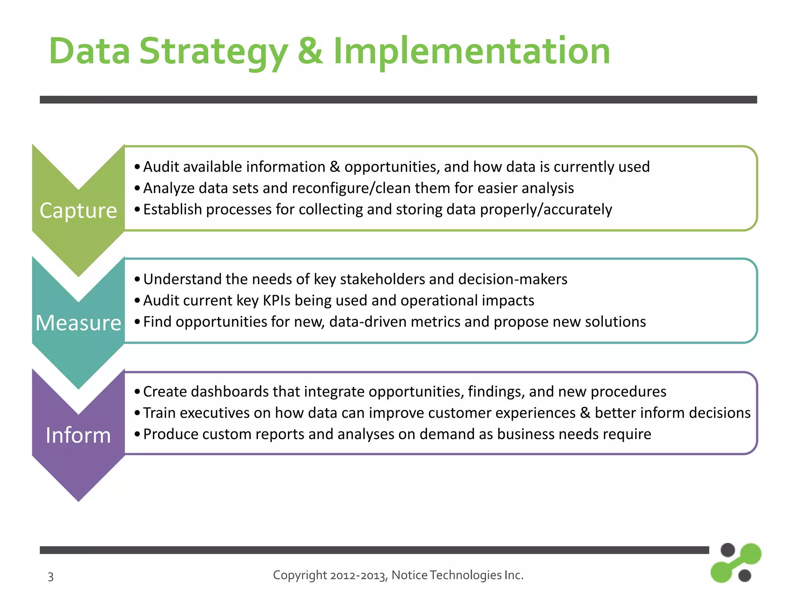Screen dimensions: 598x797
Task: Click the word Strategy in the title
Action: [213, 51]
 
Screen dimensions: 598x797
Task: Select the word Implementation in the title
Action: [472, 51]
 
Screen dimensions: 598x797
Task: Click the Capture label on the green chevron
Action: [78, 211]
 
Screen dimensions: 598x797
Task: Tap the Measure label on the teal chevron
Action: [78, 323]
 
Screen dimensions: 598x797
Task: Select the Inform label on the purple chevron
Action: [78, 435]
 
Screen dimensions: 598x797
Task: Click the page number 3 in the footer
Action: [51, 577]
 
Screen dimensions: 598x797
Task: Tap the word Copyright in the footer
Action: [300, 575]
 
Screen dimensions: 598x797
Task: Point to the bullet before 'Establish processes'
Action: [137, 209]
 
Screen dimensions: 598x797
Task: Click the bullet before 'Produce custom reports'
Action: [137, 434]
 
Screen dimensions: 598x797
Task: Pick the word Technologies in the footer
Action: [466, 575]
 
